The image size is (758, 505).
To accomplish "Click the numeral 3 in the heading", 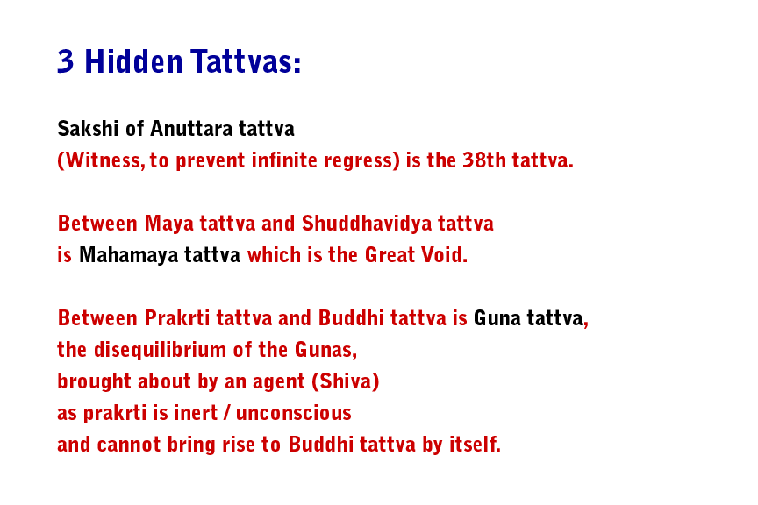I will pyautogui.click(x=66, y=61).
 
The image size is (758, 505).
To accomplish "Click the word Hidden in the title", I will pyautogui.click(x=133, y=61).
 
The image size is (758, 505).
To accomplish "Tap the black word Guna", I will pyautogui.click(x=497, y=318).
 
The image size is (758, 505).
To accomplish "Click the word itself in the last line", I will pyautogui.click(x=474, y=445).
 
